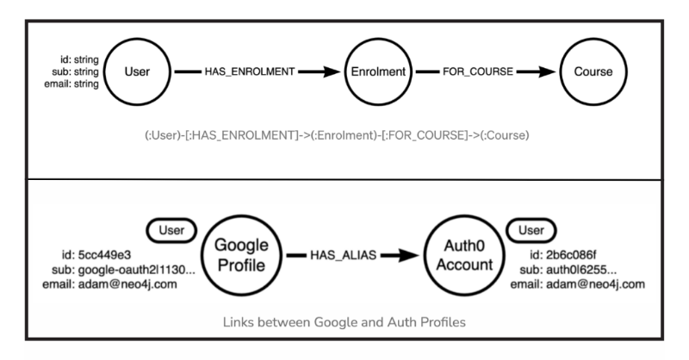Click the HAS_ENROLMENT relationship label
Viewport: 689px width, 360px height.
[x=250, y=71]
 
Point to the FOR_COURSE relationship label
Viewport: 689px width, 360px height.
[x=478, y=71]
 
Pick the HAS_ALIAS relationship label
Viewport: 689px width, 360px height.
[x=343, y=255]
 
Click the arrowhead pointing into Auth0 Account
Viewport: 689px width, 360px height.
[x=408, y=255]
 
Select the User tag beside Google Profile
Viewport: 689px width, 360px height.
[x=171, y=230]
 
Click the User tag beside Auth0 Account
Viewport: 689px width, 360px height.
[x=531, y=230]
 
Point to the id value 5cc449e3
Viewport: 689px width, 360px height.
[x=104, y=255]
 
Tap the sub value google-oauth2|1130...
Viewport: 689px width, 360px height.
[x=137, y=270]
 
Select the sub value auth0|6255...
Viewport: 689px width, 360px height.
[x=581, y=270]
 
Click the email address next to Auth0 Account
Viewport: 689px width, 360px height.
[x=595, y=284]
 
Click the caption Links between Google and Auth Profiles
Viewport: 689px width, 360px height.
[x=344, y=322]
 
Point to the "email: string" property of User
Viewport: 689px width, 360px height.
[x=71, y=84]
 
